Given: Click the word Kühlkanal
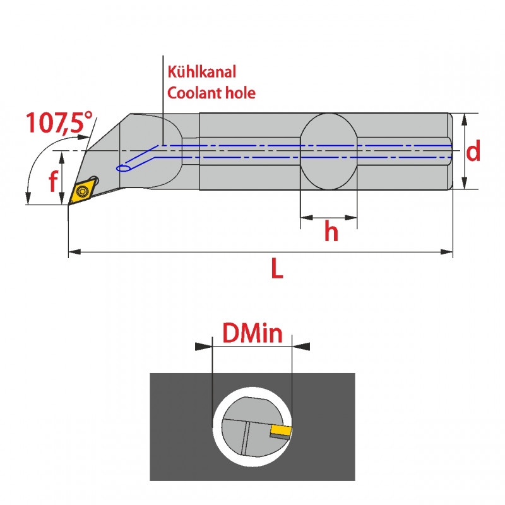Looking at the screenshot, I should click(201, 72).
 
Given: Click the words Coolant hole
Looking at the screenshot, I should click(210, 92).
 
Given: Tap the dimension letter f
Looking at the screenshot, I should click(54, 182).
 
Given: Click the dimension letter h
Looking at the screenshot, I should click(331, 232).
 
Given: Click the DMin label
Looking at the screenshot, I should click(252, 333).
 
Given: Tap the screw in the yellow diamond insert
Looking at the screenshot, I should click(82, 191).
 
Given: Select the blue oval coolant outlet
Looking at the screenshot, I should click(124, 168).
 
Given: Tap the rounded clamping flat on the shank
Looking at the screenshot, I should click(328, 151).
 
